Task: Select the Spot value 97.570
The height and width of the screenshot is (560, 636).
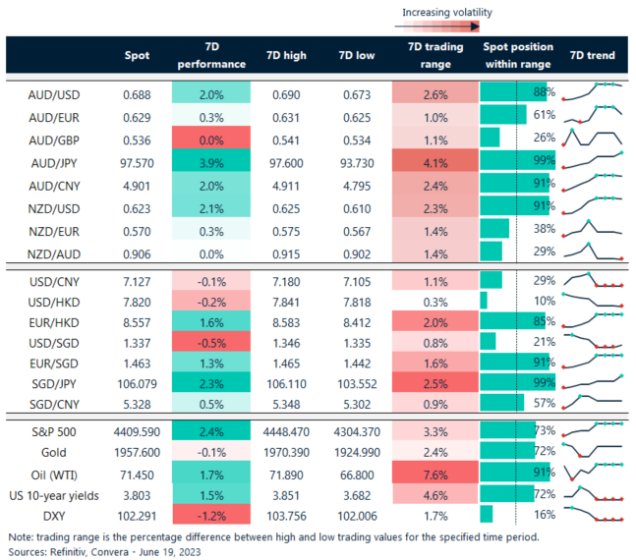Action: (137, 159)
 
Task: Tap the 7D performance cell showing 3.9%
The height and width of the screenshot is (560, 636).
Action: (208, 159)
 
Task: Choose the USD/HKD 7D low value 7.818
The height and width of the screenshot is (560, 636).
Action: (356, 300)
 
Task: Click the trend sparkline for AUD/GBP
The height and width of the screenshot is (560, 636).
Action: (594, 138)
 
